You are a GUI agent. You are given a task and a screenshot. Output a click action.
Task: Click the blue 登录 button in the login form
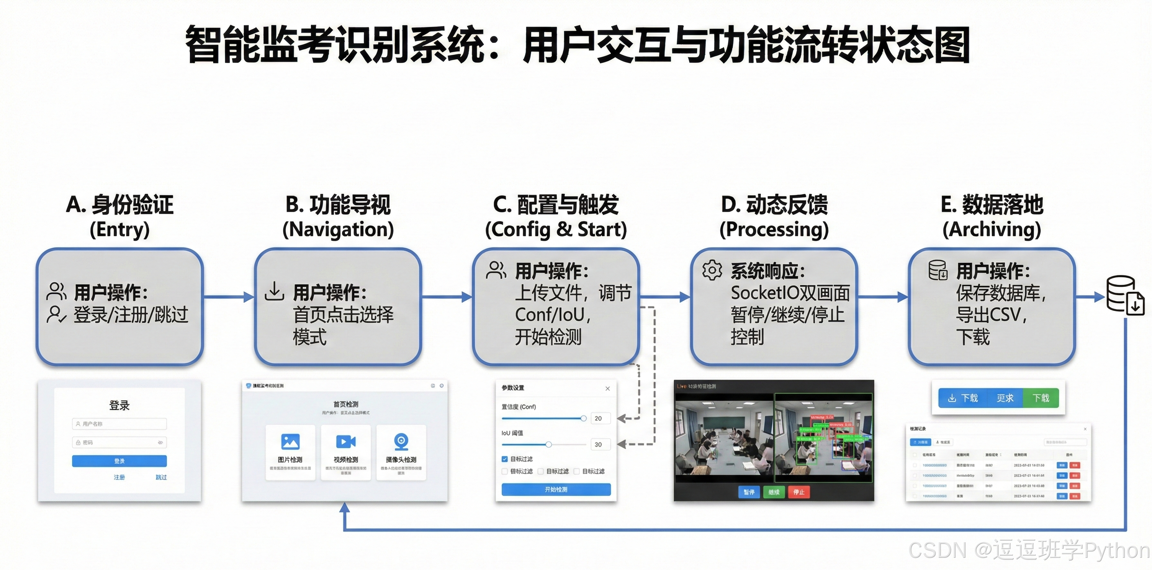[x=119, y=460]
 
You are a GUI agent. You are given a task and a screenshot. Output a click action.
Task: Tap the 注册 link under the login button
[x=119, y=477]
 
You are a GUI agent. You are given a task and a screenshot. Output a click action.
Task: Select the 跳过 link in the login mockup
[x=161, y=477]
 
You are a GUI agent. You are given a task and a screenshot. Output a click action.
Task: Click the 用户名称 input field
[x=119, y=423]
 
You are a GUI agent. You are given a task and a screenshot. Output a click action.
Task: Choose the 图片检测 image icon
[x=290, y=441]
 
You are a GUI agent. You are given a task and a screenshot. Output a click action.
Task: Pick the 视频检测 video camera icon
[x=346, y=441]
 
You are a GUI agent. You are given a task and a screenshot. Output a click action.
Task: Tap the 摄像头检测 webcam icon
[x=401, y=441]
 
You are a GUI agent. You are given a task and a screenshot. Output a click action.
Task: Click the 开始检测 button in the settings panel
[x=556, y=490]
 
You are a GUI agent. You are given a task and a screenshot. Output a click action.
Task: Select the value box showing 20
[x=598, y=418]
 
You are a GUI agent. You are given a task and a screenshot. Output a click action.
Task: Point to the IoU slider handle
[x=549, y=444]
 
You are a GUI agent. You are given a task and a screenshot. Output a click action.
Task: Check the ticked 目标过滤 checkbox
[x=504, y=459]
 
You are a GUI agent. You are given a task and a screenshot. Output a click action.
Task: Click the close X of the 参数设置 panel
[x=607, y=388]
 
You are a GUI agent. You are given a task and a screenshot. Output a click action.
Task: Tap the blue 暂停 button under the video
[x=749, y=492]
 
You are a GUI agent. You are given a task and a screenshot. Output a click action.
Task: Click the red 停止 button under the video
[x=799, y=492]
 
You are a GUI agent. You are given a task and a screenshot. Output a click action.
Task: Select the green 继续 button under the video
[x=774, y=492]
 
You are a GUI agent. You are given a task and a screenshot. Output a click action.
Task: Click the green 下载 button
[x=1041, y=398]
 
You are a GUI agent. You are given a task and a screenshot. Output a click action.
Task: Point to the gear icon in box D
[x=712, y=270]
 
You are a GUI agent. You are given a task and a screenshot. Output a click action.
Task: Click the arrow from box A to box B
[x=229, y=297]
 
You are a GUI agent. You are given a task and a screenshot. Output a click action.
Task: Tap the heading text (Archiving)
[x=992, y=229]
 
